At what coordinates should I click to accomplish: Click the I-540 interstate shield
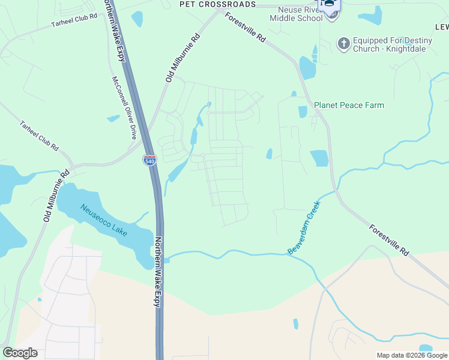(x=149, y=160)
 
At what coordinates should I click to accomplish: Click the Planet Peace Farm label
(x=349, y=105)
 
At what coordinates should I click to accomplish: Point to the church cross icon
(x=343, y=43)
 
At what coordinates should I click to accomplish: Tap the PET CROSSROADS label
(x=218, y=4)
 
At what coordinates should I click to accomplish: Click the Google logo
(x=20, y=352)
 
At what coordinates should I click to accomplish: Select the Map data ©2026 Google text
(x=411, y=355)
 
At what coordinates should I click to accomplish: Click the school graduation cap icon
(x=329, y=5)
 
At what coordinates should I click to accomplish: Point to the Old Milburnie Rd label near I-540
(x=182, y=58)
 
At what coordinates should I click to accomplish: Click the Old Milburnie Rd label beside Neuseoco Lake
(x=56, y=195)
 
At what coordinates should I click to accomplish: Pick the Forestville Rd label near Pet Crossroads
(x=246, y=28)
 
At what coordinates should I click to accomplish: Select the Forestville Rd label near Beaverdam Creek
(x=389, y=240)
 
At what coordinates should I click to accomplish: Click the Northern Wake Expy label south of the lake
(x=158, y=272)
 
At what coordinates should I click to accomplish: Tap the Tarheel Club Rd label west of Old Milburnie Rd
(x=39, y=136)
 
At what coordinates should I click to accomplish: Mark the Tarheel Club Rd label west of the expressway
(x=74, y=19)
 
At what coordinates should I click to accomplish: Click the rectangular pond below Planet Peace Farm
(x=319, y=158)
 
